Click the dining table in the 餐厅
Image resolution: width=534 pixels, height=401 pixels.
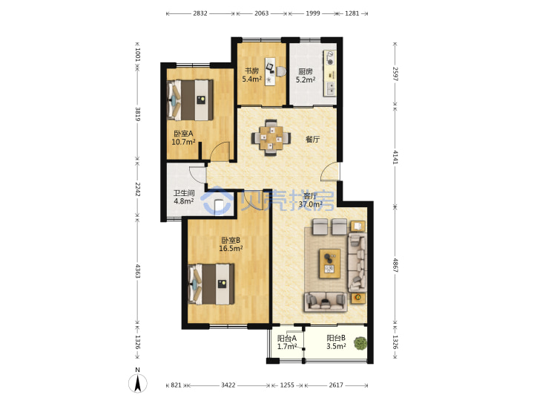271,138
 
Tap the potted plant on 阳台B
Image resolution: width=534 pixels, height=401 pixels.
360,343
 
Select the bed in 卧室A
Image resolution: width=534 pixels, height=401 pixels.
191,100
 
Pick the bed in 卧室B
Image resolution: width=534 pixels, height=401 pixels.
211,284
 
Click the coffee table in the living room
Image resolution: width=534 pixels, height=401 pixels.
329,264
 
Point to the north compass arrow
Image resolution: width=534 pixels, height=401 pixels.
138,383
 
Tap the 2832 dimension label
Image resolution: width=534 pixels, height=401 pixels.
200,13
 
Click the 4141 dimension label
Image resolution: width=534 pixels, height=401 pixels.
395,157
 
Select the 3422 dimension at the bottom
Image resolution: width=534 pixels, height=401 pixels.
228,385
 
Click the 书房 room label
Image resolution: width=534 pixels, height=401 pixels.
251,71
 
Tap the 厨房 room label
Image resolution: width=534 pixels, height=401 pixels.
306,71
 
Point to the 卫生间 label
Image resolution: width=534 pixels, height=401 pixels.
184,193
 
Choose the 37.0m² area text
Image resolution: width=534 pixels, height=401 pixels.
311,204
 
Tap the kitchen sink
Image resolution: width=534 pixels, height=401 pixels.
330,88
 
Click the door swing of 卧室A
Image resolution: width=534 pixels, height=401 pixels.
220,151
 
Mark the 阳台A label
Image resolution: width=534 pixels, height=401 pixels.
287,339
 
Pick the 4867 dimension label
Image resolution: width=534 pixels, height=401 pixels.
395,265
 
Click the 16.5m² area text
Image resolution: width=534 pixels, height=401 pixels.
231,248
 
